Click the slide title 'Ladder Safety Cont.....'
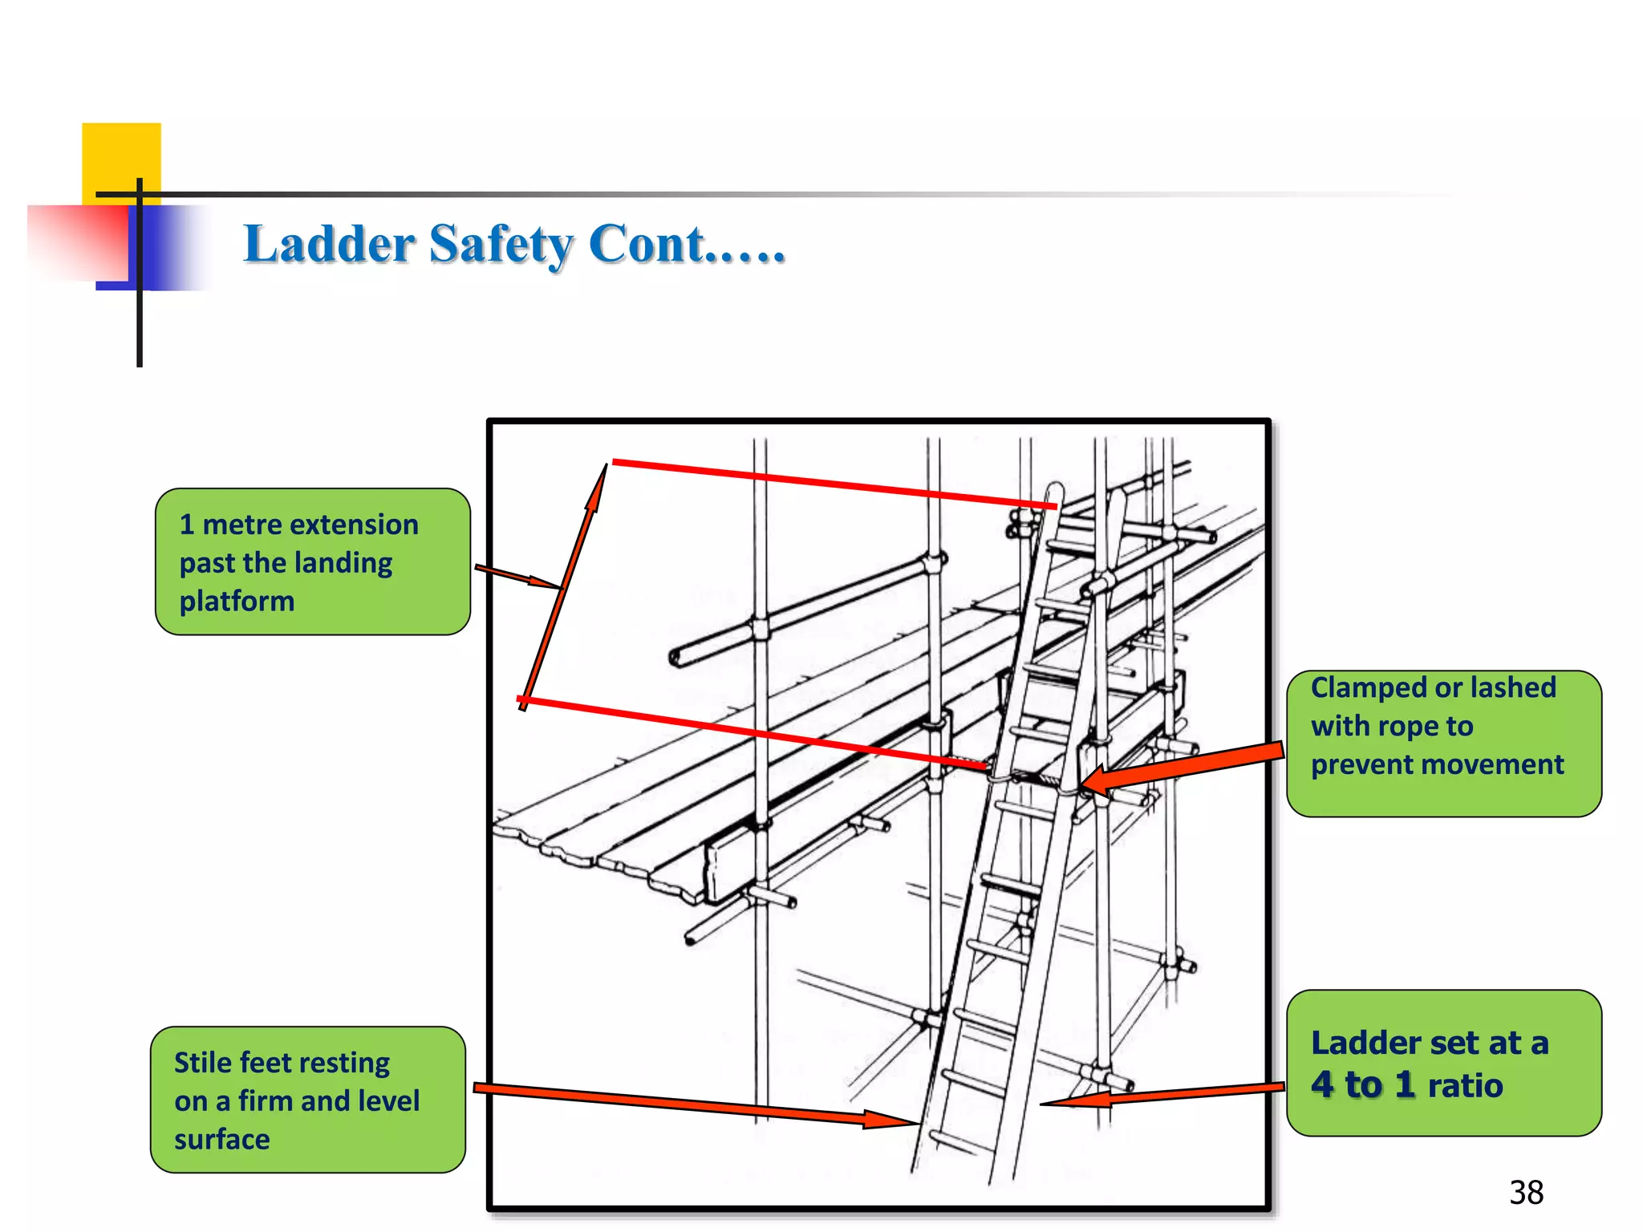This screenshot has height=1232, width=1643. point(513,244)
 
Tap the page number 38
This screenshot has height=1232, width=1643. point(1526,1193)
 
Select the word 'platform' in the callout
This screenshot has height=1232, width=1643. point(237,602)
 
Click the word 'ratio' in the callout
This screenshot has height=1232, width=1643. point(1465,1086)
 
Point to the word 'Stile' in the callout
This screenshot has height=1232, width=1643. point(203,1063)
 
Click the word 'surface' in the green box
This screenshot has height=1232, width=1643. point(222,1140)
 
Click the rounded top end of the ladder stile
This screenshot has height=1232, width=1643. point(1056,489)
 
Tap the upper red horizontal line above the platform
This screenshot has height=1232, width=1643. point(826,483)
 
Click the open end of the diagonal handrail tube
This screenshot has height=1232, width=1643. point(675,658)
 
